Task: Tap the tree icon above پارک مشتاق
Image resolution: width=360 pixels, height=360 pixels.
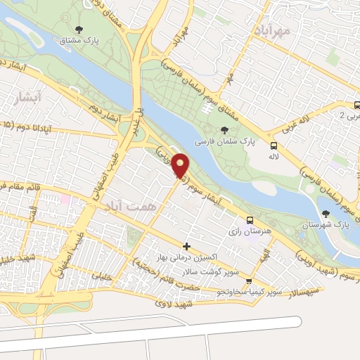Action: pyautogui.click(x=78, y=30)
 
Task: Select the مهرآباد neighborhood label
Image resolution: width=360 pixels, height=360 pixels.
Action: pyautogui.click(x=269, y=29)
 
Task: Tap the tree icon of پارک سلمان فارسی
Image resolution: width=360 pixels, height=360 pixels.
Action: pyautogui.click(x=224, y=129)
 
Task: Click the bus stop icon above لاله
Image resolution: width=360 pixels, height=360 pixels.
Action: pyautogui.click(x=274, y=146)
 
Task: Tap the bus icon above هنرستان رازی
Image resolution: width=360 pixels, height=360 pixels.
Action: pyautogui.click(x=251, y=218)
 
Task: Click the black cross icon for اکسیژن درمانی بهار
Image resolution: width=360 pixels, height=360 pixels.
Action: pyautogui.click(x=186, y=246)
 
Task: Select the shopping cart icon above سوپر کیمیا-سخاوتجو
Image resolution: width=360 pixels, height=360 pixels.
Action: pyautogui.click(x=248, y=281)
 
